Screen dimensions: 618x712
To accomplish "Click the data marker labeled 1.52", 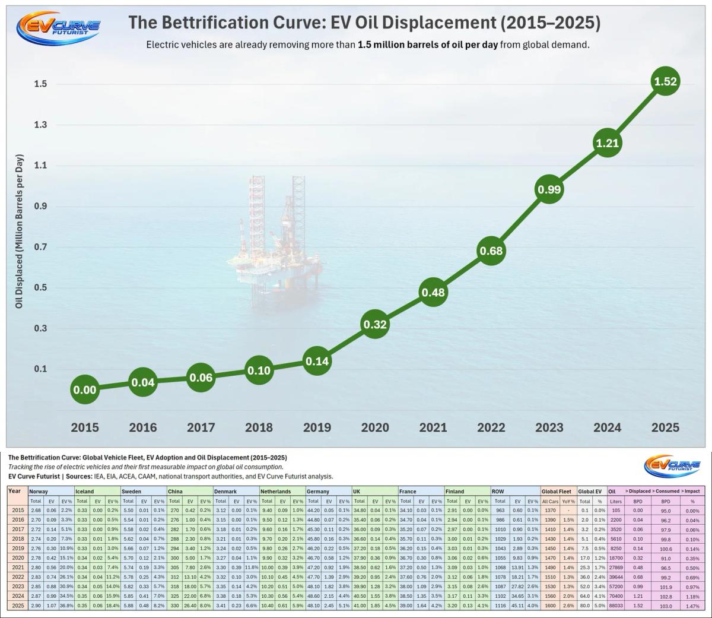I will (x=665, y=81).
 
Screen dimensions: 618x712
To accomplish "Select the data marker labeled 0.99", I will (x=549, y=189).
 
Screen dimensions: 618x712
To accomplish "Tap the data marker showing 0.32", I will (x=374, y=325).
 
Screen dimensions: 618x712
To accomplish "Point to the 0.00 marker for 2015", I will (x=84, y=390).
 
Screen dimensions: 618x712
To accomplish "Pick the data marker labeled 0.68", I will (x=491, y=251).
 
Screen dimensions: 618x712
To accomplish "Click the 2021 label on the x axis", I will (x=433, y=427).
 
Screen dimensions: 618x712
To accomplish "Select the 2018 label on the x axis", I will (x=259, y=427).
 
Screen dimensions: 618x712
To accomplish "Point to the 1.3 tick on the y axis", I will (x=40, y=125).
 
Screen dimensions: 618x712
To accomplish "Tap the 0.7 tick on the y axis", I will (x=40, y=247).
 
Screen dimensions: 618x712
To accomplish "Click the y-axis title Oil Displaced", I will (x=20, y=232).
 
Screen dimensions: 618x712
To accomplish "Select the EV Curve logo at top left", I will (x=58, y=27).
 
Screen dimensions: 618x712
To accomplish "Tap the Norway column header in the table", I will (x=39, y=492).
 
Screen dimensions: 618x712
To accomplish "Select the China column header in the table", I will (x=175, y=492).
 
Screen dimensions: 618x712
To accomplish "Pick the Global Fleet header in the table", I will (x=557, y=492).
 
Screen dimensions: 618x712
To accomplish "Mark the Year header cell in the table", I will (x=15, y=492).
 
